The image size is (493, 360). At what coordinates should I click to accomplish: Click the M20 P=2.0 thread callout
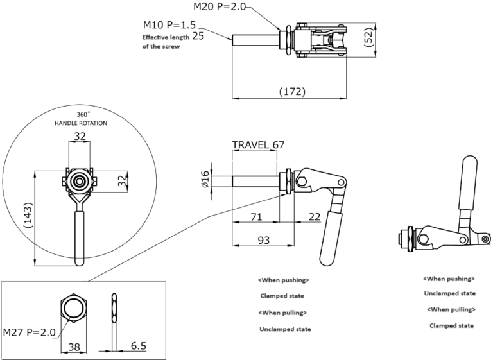(219, 7)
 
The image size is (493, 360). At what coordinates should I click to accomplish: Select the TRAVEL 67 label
(258, 145)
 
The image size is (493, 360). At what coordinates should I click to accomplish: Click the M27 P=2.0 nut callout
(30, 332)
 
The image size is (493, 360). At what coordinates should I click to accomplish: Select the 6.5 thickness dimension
(138, 346)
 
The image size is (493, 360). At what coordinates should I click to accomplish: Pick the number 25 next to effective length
(198, 37)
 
